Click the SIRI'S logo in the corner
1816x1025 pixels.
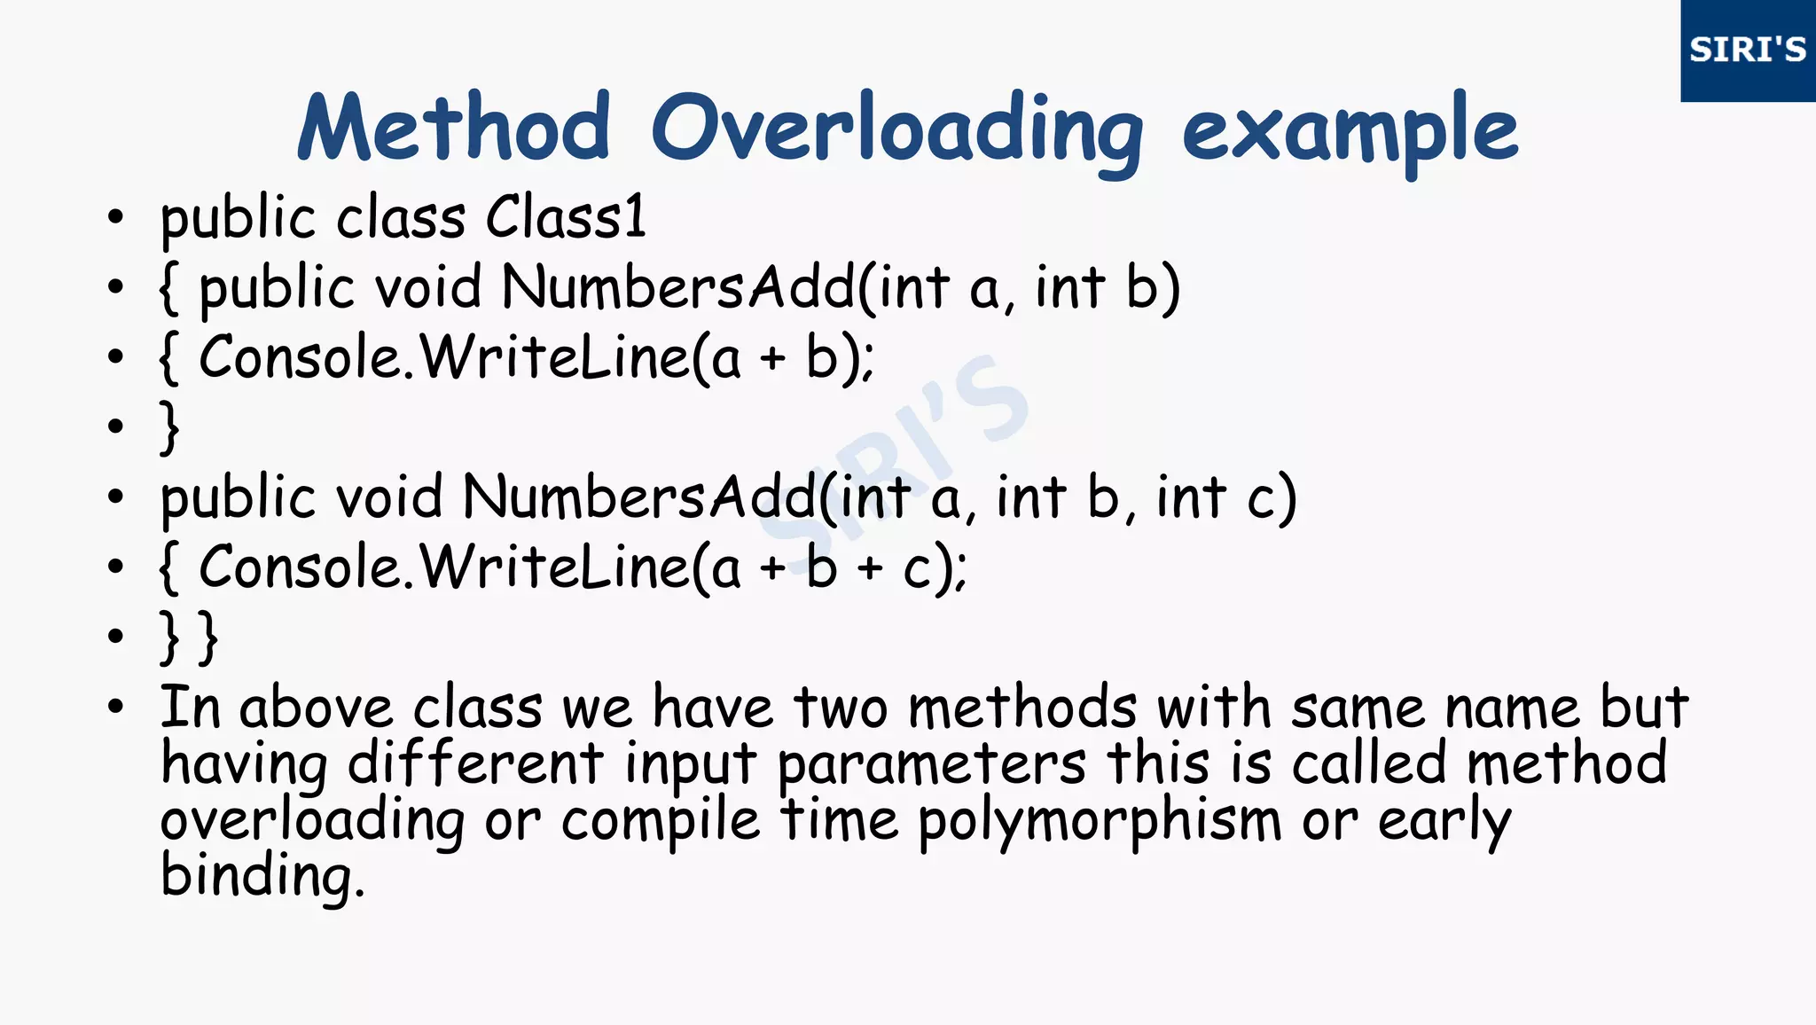coord(1747,50)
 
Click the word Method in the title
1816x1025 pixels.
coord(454,129)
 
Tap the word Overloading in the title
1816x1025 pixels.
coord(897,131)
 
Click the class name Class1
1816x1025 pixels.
coord(566,217)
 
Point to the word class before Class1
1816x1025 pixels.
coord(388,218)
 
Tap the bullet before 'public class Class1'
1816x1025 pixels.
coord(115,216)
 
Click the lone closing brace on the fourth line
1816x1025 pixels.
coord(169,427)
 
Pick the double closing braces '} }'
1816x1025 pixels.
coord(188,637)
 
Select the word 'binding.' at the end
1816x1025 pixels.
coord(262,876)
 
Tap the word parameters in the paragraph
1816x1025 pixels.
coord(931,765)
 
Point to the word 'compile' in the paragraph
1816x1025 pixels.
coord(661,821)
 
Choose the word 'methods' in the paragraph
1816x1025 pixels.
coord(1022,708)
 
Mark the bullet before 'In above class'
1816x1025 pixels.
coord(115,708)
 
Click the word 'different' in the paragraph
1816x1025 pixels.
coord(475,763)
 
